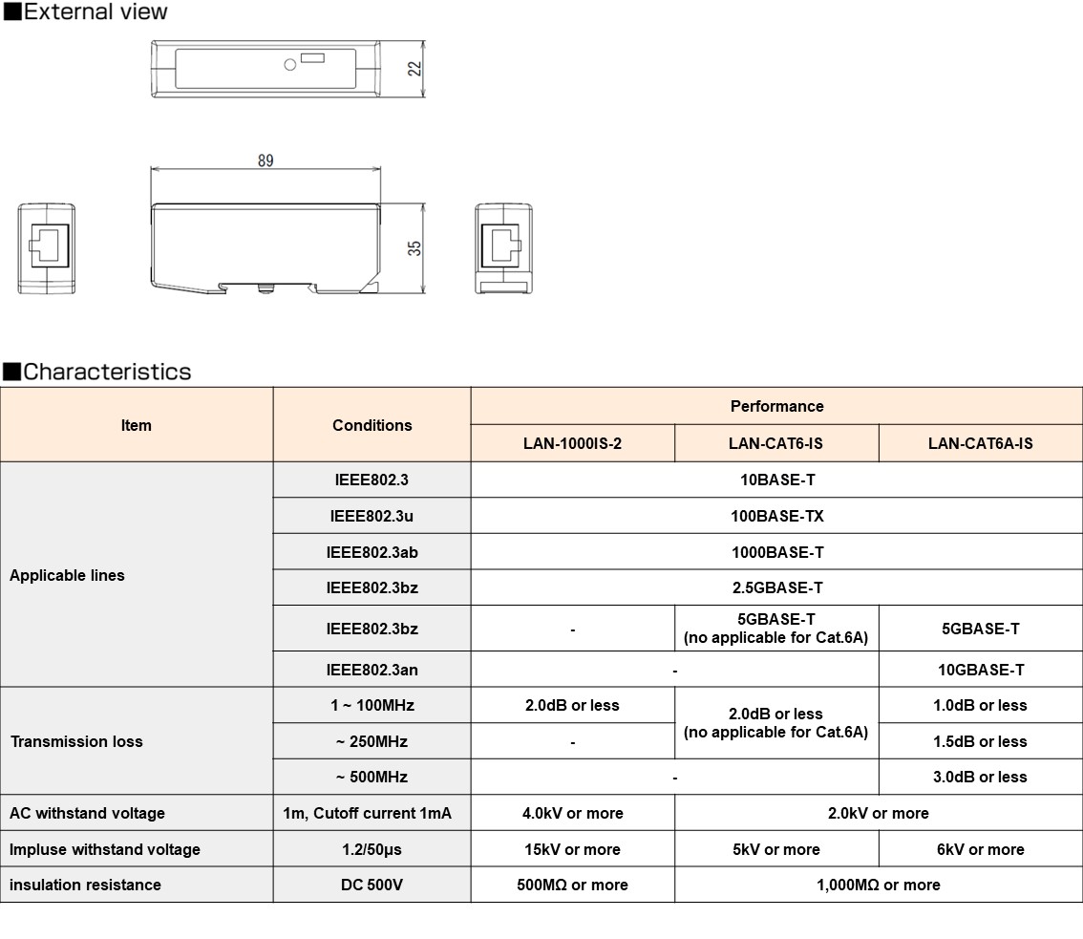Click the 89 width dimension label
(265, 160)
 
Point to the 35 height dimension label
(414, 247)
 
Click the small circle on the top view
(290, 65)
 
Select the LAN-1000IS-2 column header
(572, 443)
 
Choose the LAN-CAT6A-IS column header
(980, 443)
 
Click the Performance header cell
(776, 406)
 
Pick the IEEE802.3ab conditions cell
(372, 552)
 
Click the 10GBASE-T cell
(980, 670)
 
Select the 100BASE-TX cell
(776, 516)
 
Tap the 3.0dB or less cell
(980, 777)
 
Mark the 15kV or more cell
(572, 849)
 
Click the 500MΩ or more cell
(572, 885)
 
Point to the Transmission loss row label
(76, 741)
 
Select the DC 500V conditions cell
(372, 885)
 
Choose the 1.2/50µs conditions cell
(372, 849)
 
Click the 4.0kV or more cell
(572, 813)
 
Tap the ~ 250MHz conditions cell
(372, 741)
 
